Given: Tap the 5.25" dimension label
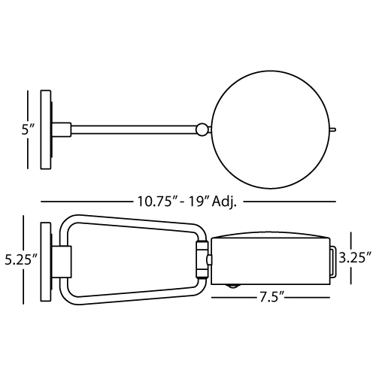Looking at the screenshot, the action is [x=21, y=259].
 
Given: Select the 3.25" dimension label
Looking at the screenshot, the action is [x=355, y=258].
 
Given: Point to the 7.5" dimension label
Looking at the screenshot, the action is [x=271, y=298].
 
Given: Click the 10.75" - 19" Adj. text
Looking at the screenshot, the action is [x=186, y=202].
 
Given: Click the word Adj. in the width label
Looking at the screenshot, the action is [x=224, y=202].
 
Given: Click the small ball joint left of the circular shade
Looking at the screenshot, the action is [x=202, y=129].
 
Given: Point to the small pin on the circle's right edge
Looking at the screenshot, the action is [x=333, y=129].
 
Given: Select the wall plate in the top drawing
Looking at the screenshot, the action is [x=46, y=129].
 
